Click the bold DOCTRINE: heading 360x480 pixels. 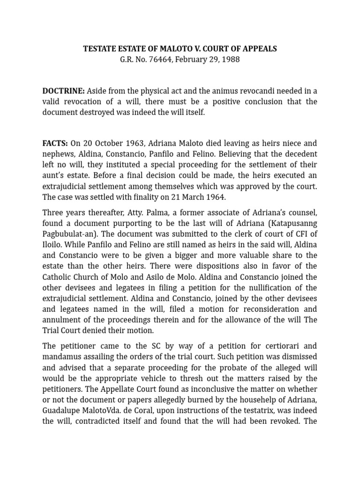tap(64, 91)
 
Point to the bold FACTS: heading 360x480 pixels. tap(55, 143)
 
